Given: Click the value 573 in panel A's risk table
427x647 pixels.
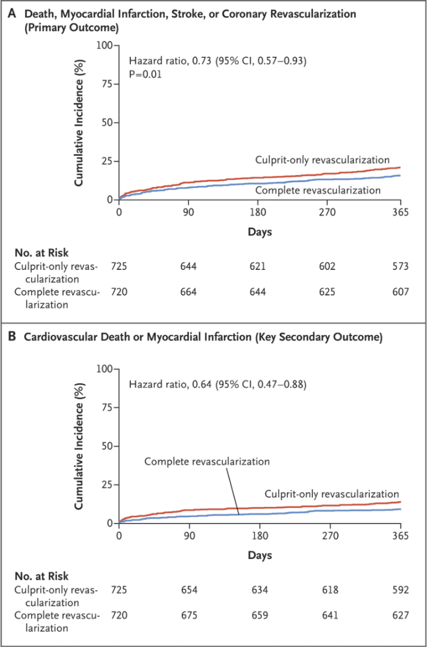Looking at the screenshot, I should (x=400, y=266).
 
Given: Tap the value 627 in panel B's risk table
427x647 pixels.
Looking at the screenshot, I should (x=400, y=616).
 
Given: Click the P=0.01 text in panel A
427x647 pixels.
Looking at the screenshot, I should (x=146, y=74).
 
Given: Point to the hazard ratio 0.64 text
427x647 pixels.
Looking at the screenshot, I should (x=217, y=384).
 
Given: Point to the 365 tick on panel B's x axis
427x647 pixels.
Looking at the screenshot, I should (x=400, y=536).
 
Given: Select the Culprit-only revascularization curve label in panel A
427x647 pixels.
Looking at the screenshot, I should (x=322, y=160).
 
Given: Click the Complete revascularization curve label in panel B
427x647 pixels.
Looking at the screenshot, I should (x=207, y=462).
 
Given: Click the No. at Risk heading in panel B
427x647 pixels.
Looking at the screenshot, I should (x=42, y=576).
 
